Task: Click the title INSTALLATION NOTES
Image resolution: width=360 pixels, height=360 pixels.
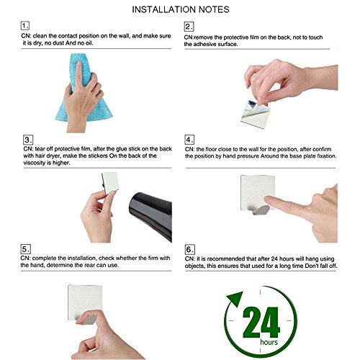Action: click(x=181, y=9)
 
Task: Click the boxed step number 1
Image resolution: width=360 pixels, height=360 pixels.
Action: click(x=25, y=25)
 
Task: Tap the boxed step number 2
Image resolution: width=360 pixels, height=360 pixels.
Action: click(x=189, y=27)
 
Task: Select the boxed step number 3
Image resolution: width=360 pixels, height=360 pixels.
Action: click(x=28, y=140)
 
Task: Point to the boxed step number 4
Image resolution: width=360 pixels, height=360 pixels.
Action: click(x=189, y=140)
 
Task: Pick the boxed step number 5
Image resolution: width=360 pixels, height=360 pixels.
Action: click(x=26, y=249)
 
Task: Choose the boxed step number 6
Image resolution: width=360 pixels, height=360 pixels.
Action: click(x=190, y=250)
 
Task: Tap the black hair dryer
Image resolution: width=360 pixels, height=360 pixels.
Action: click(x=152, y=215)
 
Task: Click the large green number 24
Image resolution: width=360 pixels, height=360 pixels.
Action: click(x=261, y=322)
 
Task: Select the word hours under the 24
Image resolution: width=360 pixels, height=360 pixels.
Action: click(x=269, y=342)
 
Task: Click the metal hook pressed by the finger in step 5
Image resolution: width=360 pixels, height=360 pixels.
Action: click(x=87, y=319)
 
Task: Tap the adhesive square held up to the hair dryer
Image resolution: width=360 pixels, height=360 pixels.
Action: click(x=109, y=182)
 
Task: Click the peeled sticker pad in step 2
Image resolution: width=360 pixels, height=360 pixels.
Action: click(x=256, y=114)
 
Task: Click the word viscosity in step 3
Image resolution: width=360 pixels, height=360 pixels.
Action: click(x=34, y=163)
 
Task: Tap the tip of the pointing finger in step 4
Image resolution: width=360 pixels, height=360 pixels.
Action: click(x=265, y=199)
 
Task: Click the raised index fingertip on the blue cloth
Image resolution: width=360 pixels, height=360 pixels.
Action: click(x=78, y=63)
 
